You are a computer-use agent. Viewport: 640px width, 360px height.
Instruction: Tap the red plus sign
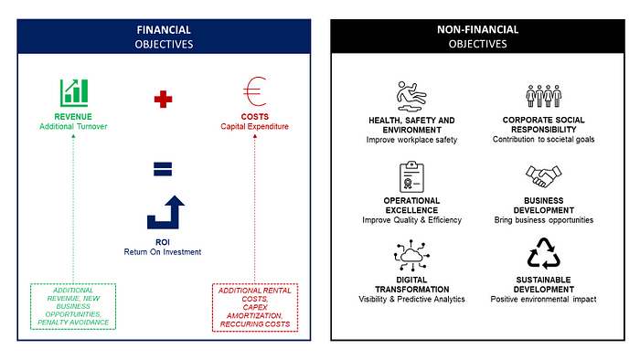point(163,98)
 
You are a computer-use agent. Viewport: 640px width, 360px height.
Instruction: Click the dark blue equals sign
point(163,167)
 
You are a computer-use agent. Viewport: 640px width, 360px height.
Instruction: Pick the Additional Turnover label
point(73,125)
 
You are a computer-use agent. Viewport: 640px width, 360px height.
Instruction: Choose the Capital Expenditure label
point(255,125)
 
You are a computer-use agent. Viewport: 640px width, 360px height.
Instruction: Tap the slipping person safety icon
point(412,95)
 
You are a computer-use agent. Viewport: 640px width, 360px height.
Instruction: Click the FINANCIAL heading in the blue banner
point(164,29)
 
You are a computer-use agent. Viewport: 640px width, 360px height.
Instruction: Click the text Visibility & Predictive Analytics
point(412,299)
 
